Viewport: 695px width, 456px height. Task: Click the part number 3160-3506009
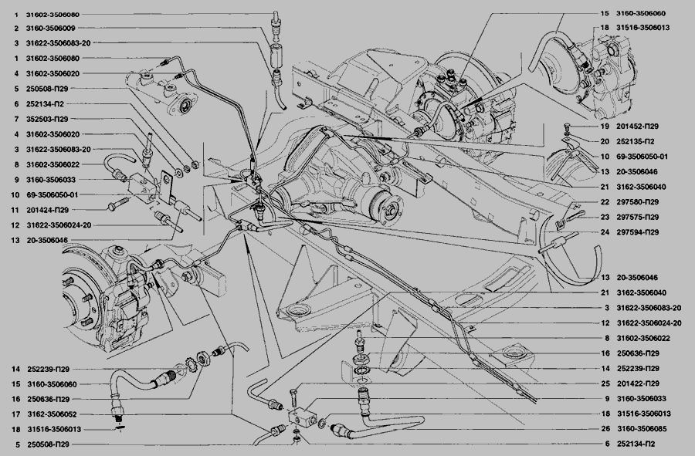pos(50,29)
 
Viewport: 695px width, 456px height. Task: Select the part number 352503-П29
pos(47,119)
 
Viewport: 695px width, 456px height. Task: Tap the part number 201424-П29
pos(47,210)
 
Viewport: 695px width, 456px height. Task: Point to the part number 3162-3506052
pos(52,414)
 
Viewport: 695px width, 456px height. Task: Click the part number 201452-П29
pos(637,127)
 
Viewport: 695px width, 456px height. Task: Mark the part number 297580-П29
pos(637,202)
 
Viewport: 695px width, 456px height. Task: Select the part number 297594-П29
pos(637,232)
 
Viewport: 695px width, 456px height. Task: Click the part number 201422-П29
pos(638,383)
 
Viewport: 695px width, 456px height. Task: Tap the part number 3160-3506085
pos(642,428)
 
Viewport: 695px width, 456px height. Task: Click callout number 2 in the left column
pos(16,29)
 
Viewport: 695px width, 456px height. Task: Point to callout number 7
pos(16,119)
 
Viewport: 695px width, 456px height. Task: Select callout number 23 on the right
pos(605,217)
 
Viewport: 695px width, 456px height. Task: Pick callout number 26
pos(605,428)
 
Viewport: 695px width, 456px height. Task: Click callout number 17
pos(16,414)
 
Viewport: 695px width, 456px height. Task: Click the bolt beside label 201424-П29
pos(118,204)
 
